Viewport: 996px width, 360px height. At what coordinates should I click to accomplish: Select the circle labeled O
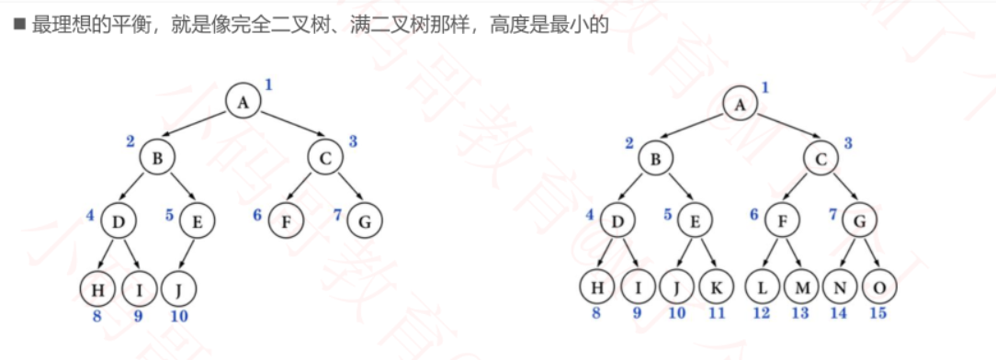[x=879, y=288]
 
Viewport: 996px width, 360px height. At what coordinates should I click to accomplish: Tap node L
[x=762, y=288]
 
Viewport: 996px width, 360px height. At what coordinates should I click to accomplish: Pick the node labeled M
[x=801, y=288]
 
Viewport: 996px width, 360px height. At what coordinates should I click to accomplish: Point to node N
[x=840, y=288]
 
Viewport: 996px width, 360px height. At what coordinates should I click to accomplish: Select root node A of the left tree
[x=243, y=102]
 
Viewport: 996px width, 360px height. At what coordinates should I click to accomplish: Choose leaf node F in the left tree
[x=287, y=220]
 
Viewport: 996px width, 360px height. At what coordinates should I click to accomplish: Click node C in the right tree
[x=821, y=159]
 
